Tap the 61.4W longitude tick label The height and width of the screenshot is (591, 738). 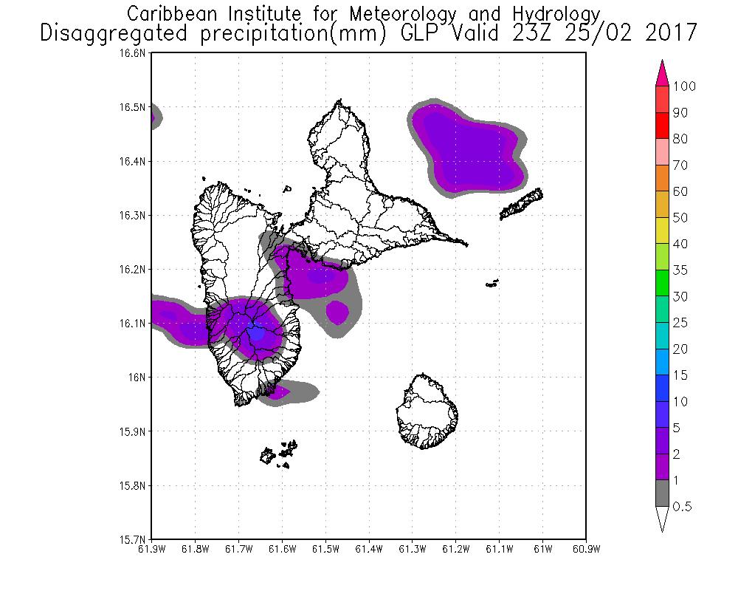[368, 548]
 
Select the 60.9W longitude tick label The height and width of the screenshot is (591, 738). [585, 548]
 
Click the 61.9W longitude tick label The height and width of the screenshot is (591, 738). [151, 548]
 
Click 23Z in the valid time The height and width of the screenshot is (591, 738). [553, 33]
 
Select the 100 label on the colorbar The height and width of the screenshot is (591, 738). [684, 86]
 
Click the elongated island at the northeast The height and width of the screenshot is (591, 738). [523, 204]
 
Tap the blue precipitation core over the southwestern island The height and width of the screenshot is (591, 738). [255, 332]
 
